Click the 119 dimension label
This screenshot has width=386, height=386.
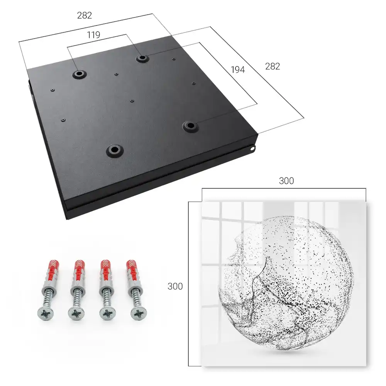point(93,35)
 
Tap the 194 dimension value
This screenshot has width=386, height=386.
point(238,70)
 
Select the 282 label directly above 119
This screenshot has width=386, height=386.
point(85,15)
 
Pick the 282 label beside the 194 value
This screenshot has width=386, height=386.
point(273,66)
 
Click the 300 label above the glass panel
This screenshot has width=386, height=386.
point(286,181)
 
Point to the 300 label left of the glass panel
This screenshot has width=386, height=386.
point(175,286)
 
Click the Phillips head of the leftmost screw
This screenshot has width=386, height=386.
point(46,314)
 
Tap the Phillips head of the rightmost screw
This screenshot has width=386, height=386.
point(139,314)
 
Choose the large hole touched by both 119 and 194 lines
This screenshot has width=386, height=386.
point(142,58)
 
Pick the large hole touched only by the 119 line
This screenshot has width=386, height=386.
point(79,73)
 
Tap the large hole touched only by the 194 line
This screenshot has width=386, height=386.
point(190,126)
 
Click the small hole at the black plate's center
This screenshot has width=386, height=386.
point(132,101)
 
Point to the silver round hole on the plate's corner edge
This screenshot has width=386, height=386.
point(252,148)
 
